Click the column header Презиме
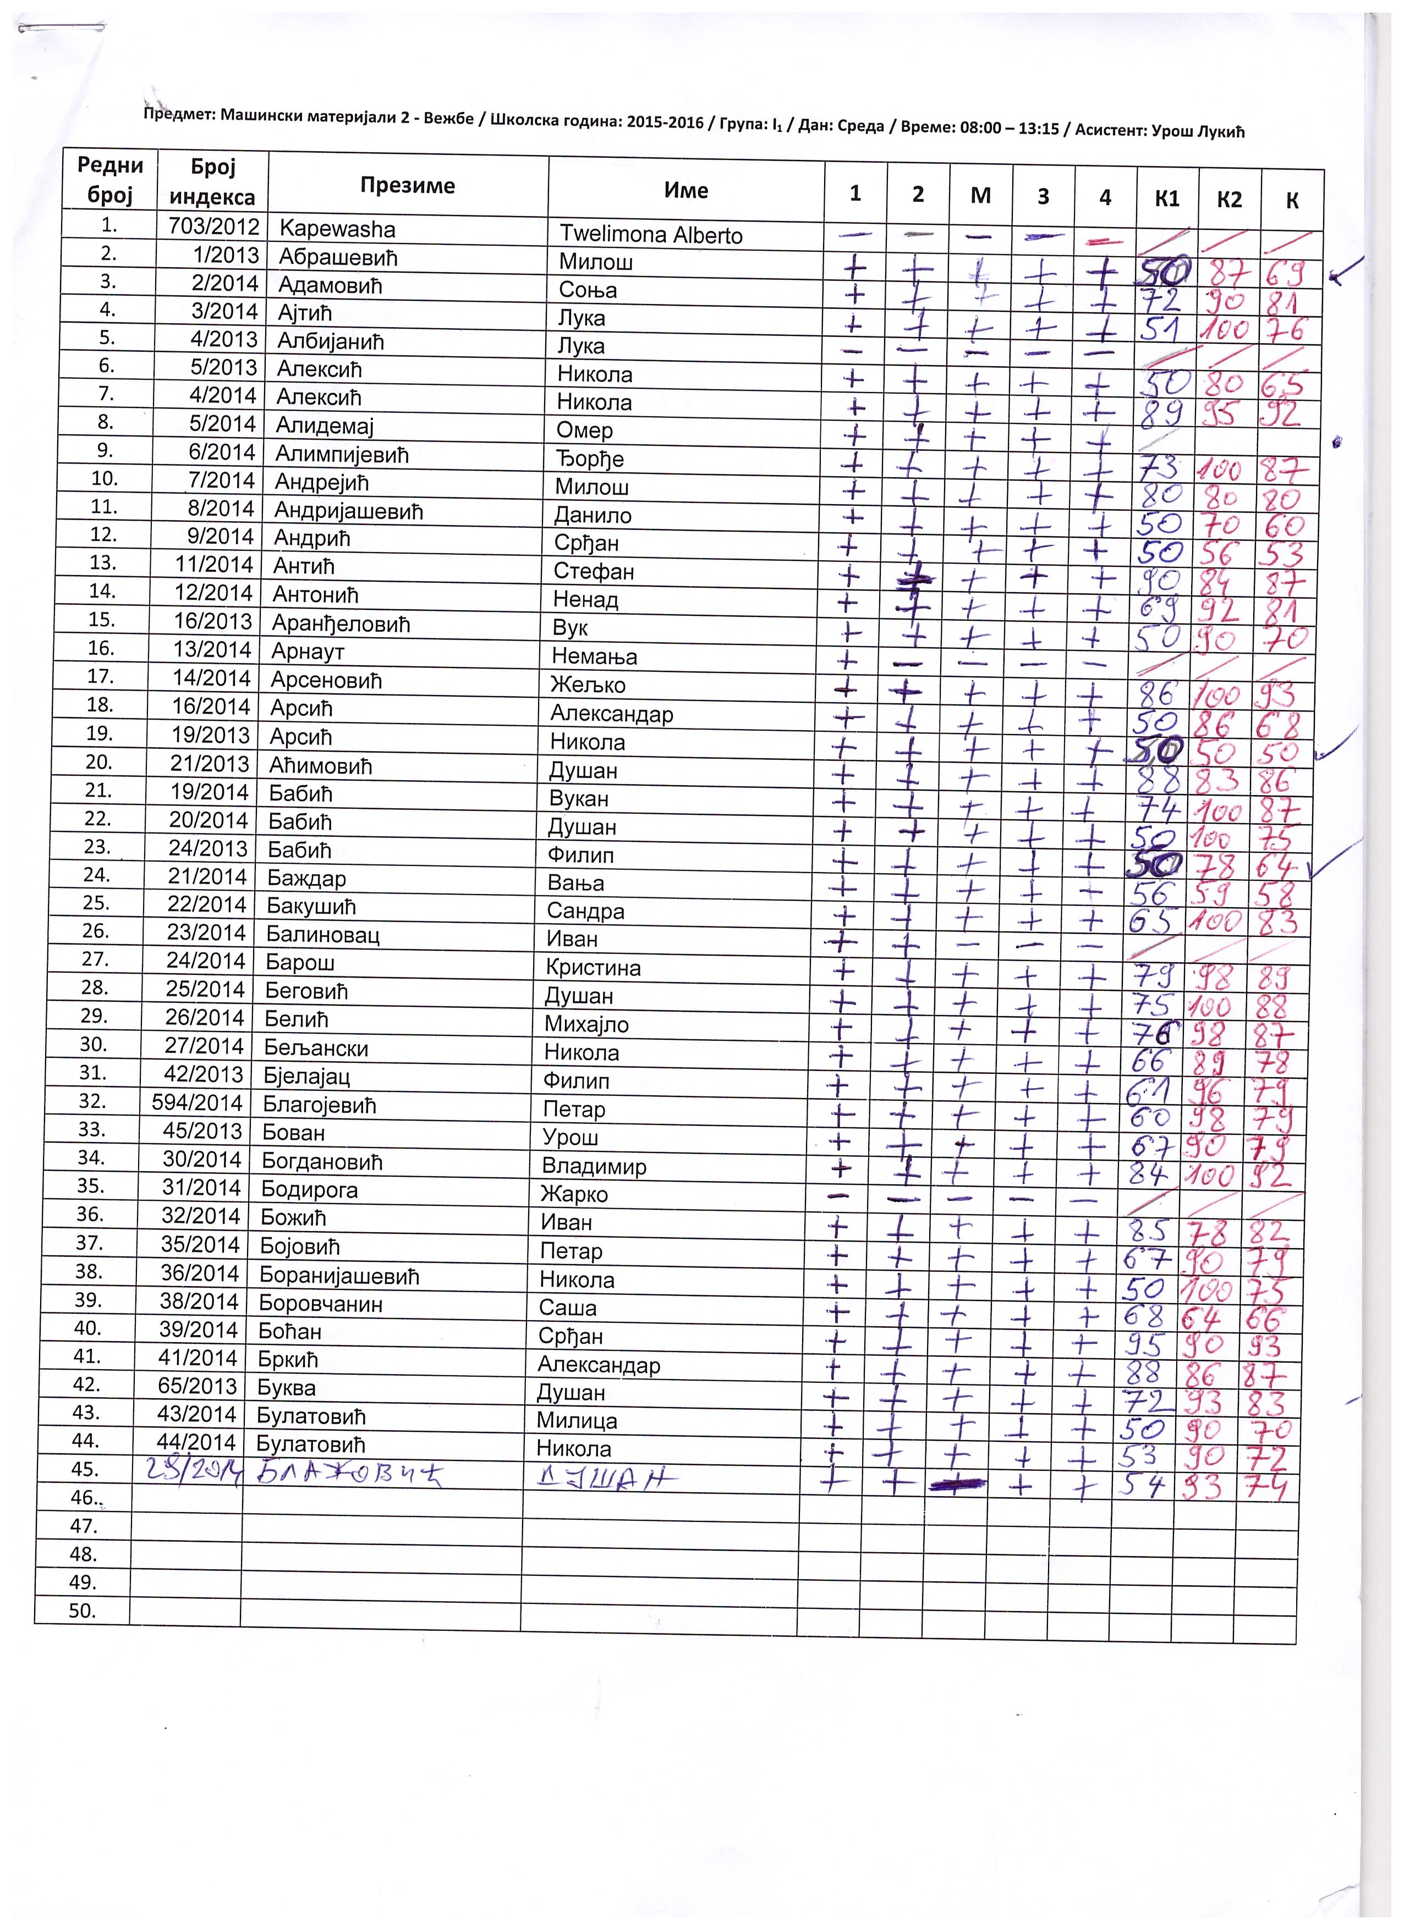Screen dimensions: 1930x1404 pyautogui.click(x=407, y=185)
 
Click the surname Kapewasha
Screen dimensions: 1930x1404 pyautogui.click(x=337, y=229)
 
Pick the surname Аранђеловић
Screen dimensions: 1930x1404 pyautogui.click(x=341, y=624)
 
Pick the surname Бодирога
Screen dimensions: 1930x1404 pyautogui.click(x=309, y=1190)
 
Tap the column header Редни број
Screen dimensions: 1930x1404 pyautogui.click(x=111, y=180)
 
